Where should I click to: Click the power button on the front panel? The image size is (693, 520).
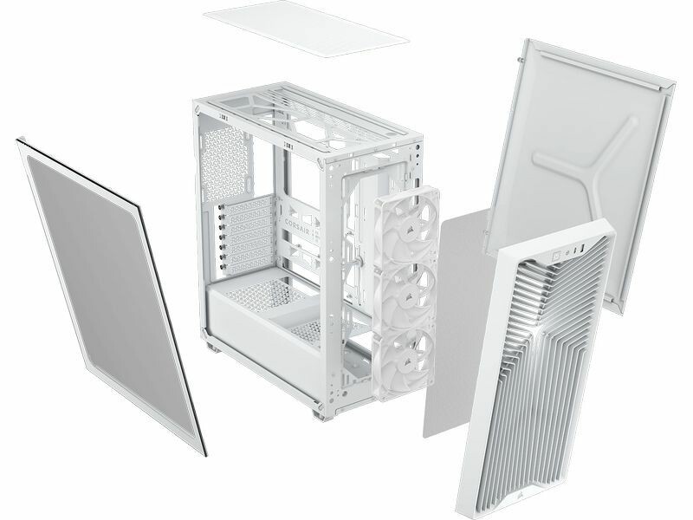(x=557, y=255)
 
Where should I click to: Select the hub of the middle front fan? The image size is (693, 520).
(x=404, y=298)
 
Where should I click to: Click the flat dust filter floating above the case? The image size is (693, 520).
(x=306, y=29)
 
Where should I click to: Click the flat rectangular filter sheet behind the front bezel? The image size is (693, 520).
(x=456, y=322)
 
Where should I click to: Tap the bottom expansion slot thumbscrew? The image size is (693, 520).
(x=223, y=267)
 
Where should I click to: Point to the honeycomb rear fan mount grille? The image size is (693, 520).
(x=224, y=163)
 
